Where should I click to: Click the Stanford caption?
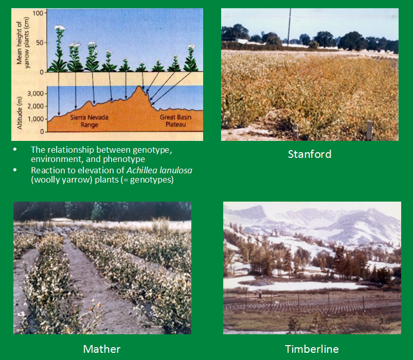(310, 154)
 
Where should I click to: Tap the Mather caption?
(102, 349)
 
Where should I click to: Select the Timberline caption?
(312, 349)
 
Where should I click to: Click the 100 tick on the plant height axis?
(38, 13)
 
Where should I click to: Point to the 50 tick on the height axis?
(40, 43)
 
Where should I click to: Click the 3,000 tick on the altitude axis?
(36, 94)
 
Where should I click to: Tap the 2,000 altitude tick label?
(36, 106)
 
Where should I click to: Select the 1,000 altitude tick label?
(36, 119)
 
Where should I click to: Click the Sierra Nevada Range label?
(89, 121)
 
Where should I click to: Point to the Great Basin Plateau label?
(176, 121)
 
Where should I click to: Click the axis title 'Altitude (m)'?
(19, 113)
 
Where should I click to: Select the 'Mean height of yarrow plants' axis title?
(23, 43)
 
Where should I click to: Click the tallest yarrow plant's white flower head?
(59, 27)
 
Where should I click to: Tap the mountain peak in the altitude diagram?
(139, 86)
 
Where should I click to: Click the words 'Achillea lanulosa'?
(159, 170)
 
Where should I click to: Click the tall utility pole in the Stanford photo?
(289, 26)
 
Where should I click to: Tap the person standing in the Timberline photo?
(260, 294)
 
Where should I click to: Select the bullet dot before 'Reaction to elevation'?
(15, 170)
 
